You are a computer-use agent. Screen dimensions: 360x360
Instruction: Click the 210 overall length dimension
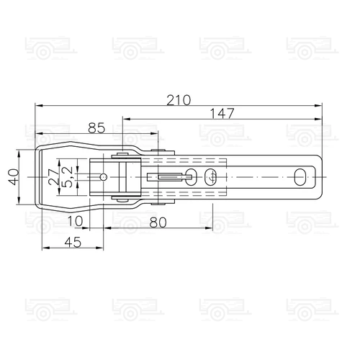[x=179, y=100]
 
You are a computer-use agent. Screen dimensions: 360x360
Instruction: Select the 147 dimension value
[x=222, y=113]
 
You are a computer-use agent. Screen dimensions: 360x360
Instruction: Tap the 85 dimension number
[x=96, y=128]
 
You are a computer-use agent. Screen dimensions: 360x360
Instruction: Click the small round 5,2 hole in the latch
[x=104, y=176]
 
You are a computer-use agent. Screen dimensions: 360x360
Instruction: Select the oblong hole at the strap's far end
[x=300, y=176]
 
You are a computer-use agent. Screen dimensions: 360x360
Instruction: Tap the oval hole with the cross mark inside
[x=210, y=176]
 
